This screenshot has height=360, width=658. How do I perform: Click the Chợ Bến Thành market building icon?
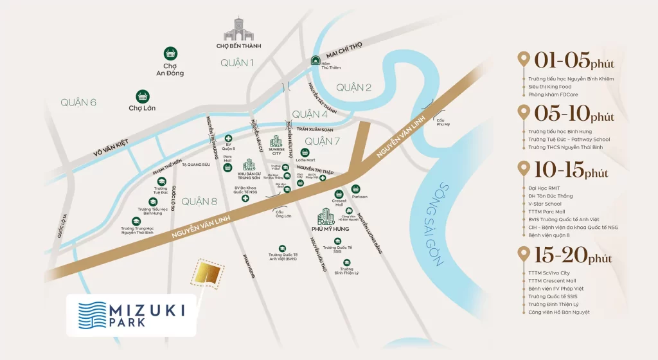(236, 30)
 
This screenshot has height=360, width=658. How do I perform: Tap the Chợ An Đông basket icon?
(170, 53)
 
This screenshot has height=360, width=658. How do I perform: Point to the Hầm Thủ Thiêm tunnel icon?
(316, 60)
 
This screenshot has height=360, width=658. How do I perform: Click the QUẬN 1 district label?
(236, 62)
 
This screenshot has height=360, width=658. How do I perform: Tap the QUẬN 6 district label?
(78, 102)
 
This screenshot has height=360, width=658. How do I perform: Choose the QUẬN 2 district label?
(353, 87)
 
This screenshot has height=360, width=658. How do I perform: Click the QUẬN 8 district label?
(199, 201)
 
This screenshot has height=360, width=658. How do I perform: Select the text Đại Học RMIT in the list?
(546, 188)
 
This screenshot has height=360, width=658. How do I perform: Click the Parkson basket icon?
(355, 188)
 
